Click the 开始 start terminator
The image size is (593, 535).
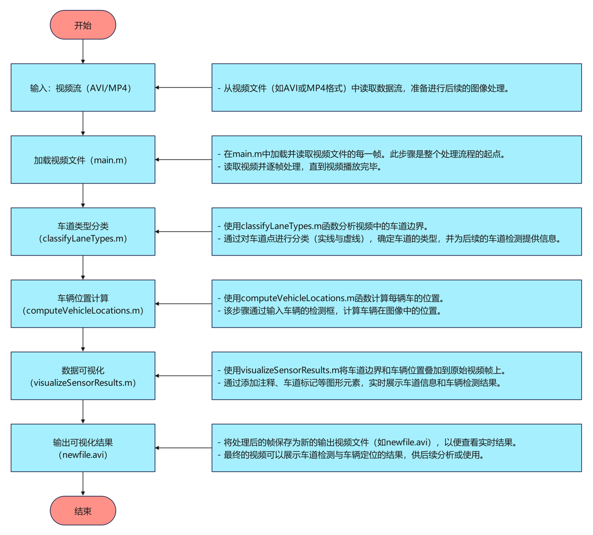tap(83, 25)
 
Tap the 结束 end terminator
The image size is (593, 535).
tap(83, 510)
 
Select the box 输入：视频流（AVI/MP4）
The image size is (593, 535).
tap(83, 88)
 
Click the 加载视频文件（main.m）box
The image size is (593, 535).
tap(83, 160)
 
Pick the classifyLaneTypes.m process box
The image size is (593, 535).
tap(83, 232)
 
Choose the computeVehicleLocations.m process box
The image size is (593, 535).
tap(83, 304)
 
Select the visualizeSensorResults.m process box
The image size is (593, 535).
tap(83, 376)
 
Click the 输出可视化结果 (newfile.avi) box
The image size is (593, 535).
tap(83, 448)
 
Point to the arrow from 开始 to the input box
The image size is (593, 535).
tap(83, 51)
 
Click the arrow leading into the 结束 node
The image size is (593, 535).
tap(83, 483)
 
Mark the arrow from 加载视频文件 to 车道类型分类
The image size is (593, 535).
tap(83, 195)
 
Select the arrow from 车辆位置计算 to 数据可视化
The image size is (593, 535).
tap(83, 339)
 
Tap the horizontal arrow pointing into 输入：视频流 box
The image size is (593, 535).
tap(183, 88)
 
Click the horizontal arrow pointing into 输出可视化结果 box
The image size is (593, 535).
tap(183, 448)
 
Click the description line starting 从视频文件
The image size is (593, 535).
tap(363, 88)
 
